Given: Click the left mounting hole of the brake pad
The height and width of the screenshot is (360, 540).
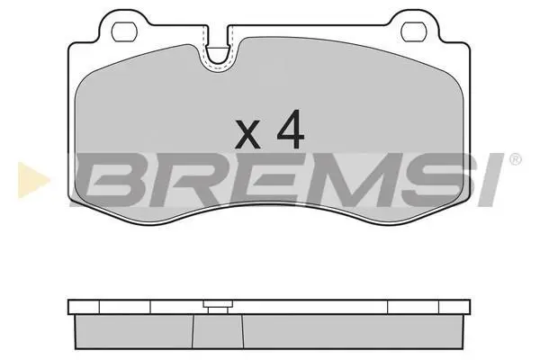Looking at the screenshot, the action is click(x=125, y=31).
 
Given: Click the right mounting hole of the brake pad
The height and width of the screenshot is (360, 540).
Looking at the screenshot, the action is click(x=415, y=31).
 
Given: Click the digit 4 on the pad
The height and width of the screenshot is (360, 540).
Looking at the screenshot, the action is click(x=291, y=130).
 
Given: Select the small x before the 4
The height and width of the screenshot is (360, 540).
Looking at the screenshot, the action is click(x=247, y=134).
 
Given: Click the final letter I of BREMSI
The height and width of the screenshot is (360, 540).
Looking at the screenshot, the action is click(x=489, y=179).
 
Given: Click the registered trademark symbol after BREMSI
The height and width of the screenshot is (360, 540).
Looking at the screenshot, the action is click(x=516, y=159).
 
